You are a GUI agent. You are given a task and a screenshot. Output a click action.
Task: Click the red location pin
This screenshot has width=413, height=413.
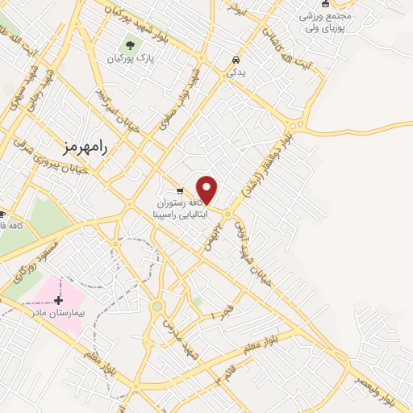pyautogui.click(x=207, y=190)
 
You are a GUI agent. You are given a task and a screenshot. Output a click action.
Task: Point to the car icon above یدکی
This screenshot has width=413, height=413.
pyautogui.click(x=235, y=60)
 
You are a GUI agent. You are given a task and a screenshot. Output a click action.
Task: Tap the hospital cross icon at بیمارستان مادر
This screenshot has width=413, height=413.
pyautogui.click(x=58, y=300)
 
